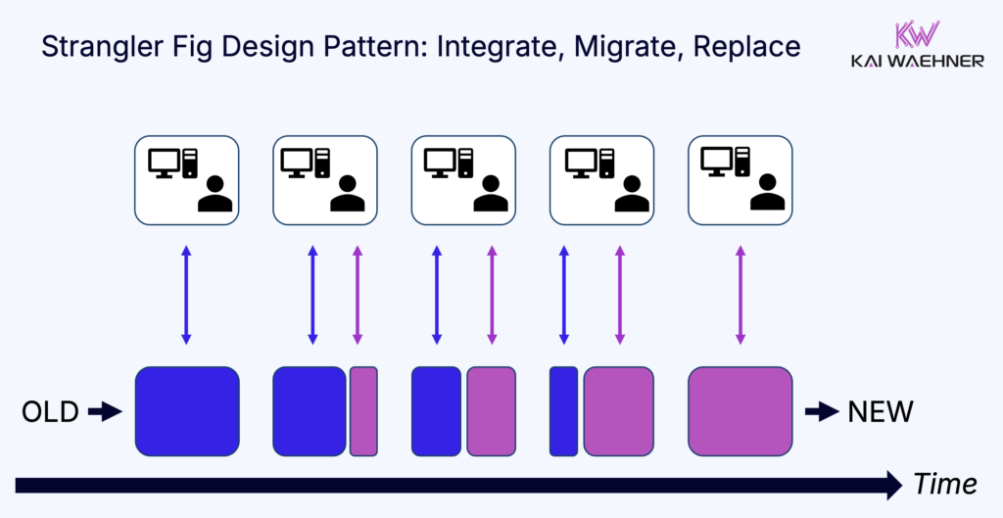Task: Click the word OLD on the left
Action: click(50, 412)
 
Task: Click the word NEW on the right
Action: click(880, 412)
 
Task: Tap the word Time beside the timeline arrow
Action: click(944, 484)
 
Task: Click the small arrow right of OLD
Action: click(102, 412)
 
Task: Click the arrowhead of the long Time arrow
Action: click(891, 484)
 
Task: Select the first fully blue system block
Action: click(186, 411)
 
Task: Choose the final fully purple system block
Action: click(740, 411)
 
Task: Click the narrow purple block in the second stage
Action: click(363, 411)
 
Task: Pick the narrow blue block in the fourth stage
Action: click(563, 411)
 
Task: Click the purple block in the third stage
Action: click(491, 411)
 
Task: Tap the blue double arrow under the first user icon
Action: click(186, 295)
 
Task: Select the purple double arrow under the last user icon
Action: click(740, 295)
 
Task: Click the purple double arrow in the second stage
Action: click(357, 295)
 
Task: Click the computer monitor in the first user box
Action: click(163, 160)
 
